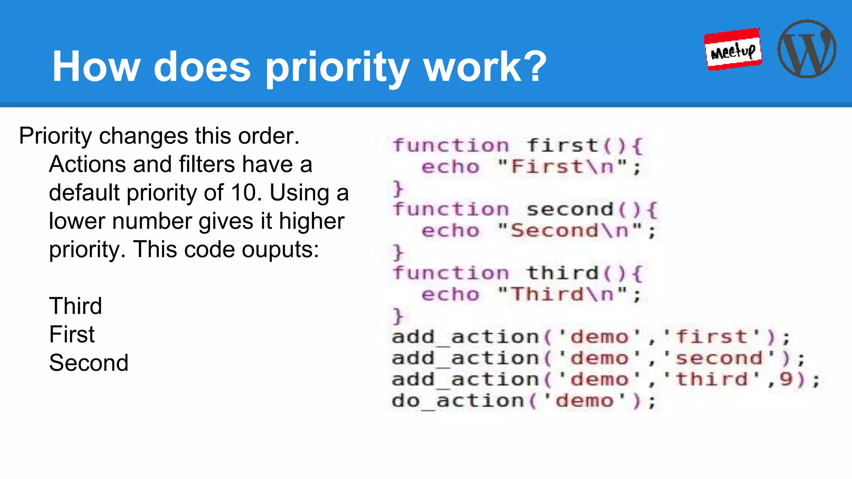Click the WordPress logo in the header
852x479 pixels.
point(807,49)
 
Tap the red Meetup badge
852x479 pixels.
point(733,49)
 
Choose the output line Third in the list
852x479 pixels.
point(75,306)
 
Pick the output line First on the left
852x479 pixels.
point(72,334)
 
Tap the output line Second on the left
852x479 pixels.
point(89,363)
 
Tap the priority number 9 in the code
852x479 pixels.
point(786,379)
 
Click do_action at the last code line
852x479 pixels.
point(458,401)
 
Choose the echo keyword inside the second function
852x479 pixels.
point(451,231)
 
